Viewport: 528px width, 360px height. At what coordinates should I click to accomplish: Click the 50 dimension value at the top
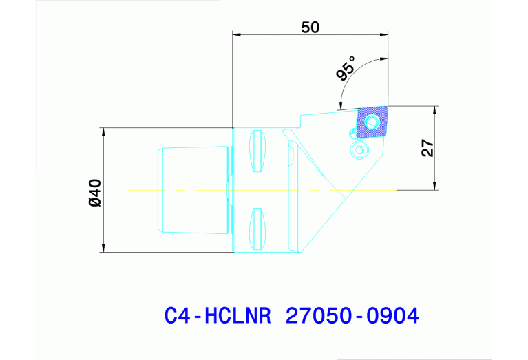pyautogui.click(x=310, y=27)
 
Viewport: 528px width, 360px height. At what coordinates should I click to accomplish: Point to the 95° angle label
pyautogui.click(x=347, y=70)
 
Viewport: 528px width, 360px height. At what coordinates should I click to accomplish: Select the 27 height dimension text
pyautogui.click(x=427, y=148)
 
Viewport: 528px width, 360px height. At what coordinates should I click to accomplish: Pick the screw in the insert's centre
pyautogui.click(x=372, y=123)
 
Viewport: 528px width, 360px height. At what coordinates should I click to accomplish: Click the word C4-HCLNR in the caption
pyautogui.click(x=213, y=316)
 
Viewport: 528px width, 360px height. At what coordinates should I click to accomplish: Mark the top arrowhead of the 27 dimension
pyautogui.click(x=435, y=110)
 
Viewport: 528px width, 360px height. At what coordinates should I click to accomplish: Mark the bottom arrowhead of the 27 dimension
pyautogui.click(x=435, y=185)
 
